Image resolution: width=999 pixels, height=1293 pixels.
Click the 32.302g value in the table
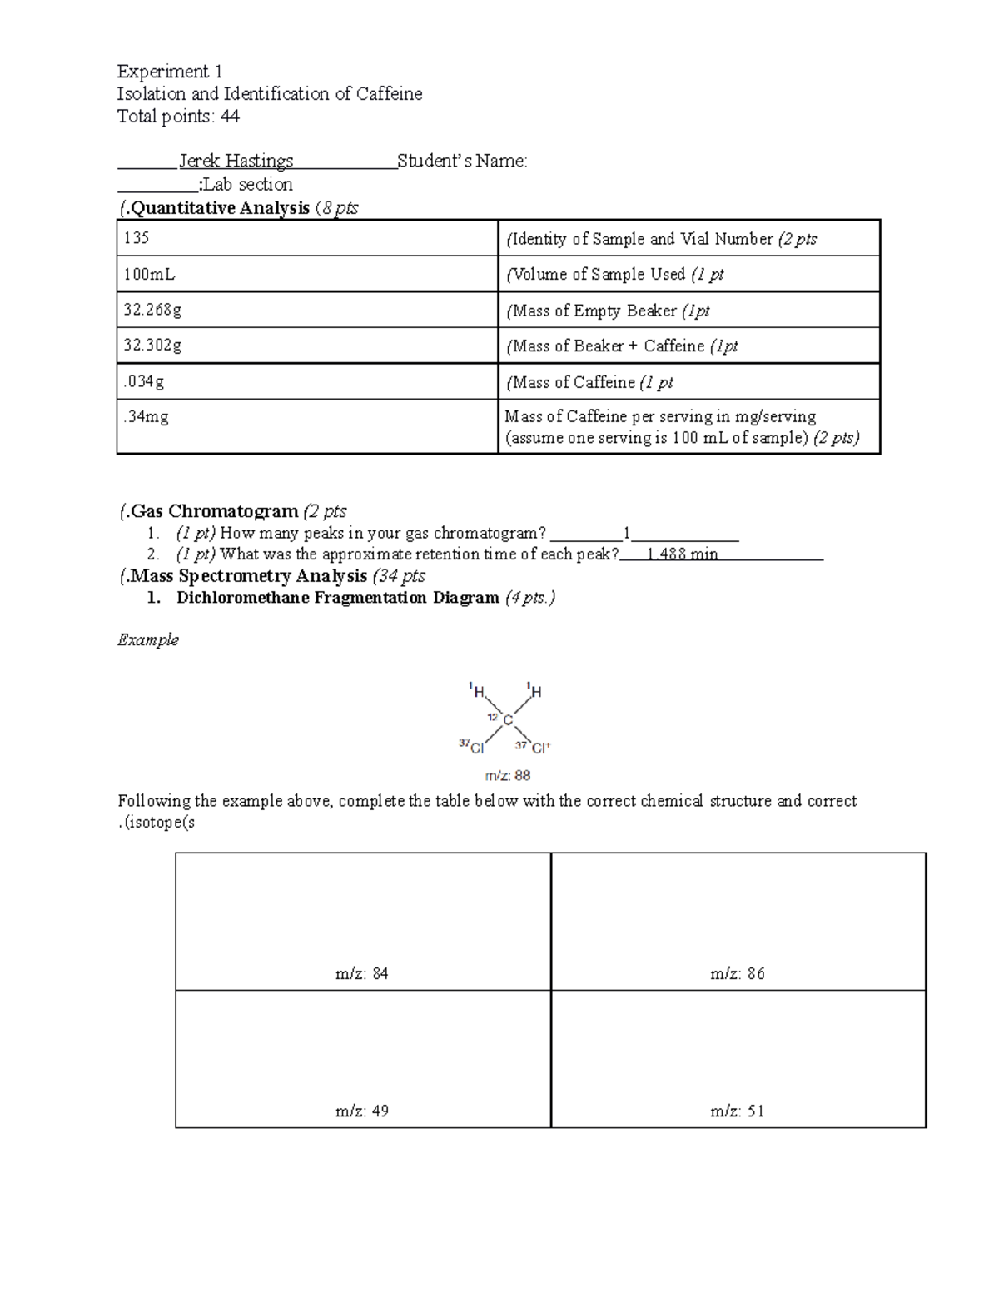[x=152, y=346]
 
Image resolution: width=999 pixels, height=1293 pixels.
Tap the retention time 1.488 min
[x=682, y=554]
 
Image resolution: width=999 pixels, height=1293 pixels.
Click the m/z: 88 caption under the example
[x=508, y=776]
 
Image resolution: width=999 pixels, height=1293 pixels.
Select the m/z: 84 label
[x=362, y=973]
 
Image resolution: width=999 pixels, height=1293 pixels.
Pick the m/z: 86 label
[x=738, y=973]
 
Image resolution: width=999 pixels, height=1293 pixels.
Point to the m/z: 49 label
[x=362, y=1111]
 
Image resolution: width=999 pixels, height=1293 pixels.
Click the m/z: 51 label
[x=738, y=1111]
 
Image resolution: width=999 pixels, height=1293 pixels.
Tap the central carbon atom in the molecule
[x=508, y=719]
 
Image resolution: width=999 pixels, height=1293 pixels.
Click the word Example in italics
[x=148, y=639]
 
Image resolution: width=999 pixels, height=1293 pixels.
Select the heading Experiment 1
[x=170, y=72]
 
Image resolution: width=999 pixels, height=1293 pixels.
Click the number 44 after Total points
[x=230, y=117]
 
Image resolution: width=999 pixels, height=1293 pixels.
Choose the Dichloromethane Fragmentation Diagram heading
[x=338, y=598]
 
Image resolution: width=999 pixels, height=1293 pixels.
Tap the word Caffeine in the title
[x=389, y=94]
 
